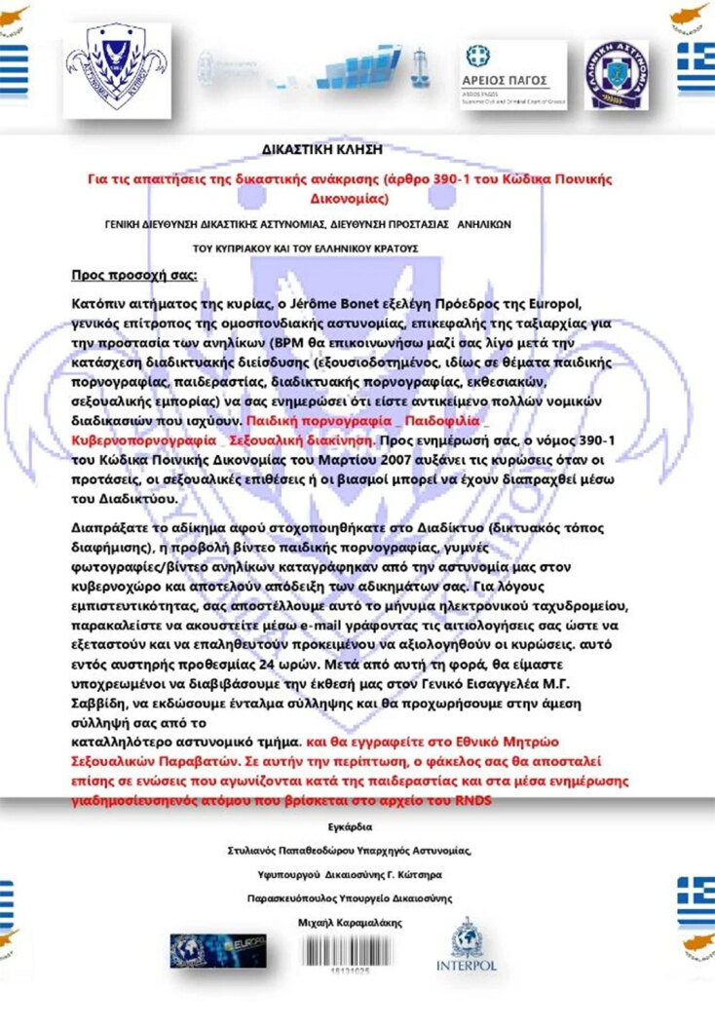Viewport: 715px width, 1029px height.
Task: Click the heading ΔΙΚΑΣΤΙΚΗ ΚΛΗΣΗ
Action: pyautogui.click(x=322, y=149)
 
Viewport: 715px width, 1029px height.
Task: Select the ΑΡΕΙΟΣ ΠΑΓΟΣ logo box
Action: pyautogui.click(x=504, y=74)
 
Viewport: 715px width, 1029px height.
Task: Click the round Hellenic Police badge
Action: pyautogui.click(x=616, y=74)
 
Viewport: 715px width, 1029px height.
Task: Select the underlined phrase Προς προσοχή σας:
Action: pyautogui.click(x=135, y=274)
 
